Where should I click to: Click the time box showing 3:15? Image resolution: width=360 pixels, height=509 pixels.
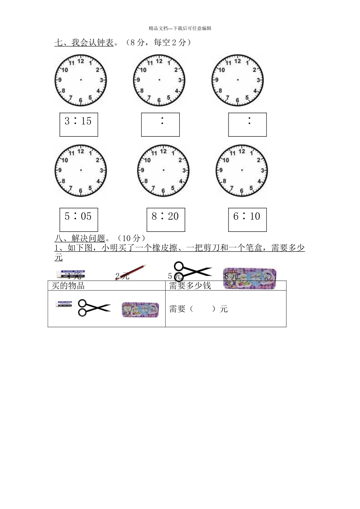(78, 124)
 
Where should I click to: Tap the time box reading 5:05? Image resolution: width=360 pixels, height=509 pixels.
(78, 219)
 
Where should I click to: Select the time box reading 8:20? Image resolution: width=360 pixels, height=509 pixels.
(166, 219)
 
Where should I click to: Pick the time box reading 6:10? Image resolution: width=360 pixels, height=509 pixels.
(247, 219)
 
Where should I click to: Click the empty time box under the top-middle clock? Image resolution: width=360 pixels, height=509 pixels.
(160, 124)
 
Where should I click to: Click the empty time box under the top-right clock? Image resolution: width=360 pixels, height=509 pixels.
(247, 124)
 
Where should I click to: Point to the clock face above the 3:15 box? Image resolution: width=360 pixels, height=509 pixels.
(81, 80)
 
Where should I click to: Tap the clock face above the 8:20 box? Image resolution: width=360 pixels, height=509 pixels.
(163, 170)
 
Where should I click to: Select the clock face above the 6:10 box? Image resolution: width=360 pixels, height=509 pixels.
(242, 170)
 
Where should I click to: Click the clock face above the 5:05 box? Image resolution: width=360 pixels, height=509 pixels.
(81, 170)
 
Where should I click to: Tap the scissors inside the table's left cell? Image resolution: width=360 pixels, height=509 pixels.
(93, 308)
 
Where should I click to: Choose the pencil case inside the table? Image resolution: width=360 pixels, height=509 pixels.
(140, 309)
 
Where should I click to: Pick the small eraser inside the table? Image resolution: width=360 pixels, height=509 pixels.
(63, 304)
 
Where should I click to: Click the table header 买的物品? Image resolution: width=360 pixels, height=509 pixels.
(68, 286)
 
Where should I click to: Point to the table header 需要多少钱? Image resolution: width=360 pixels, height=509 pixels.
(190, 286)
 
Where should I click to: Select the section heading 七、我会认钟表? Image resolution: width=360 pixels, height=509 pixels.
(84, 42)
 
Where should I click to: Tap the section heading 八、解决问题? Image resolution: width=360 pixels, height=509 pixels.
(80, 238)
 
